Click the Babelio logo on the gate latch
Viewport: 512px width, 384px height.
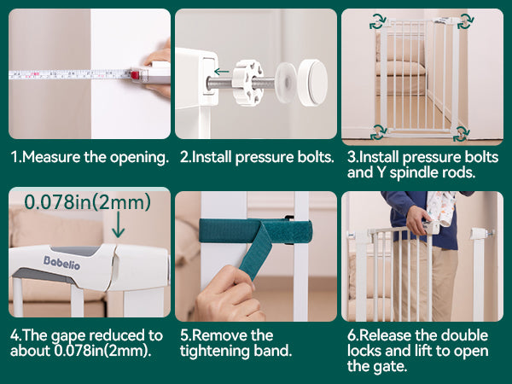(61, 263)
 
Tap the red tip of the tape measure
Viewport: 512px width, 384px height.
(135, 75)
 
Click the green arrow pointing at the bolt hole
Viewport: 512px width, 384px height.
(222, 72)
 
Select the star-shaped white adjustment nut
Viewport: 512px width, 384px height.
(247, 82)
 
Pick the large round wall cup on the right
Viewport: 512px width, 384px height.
(312, 82)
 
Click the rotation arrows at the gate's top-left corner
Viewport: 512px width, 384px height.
(378, 22)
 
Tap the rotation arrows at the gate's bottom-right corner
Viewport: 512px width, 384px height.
(461, 134)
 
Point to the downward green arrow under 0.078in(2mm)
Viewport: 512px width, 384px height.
(118, 224)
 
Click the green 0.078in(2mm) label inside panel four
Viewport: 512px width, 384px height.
(88, 201)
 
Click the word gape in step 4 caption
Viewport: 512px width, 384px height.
(68, 336)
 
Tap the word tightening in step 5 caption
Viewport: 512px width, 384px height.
(210, 352)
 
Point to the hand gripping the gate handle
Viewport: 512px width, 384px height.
(418, 220)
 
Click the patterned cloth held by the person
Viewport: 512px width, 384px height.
(441, 208)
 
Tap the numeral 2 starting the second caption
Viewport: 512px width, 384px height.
(184, 157)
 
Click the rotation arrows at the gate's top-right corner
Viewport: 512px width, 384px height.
(465, 21)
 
